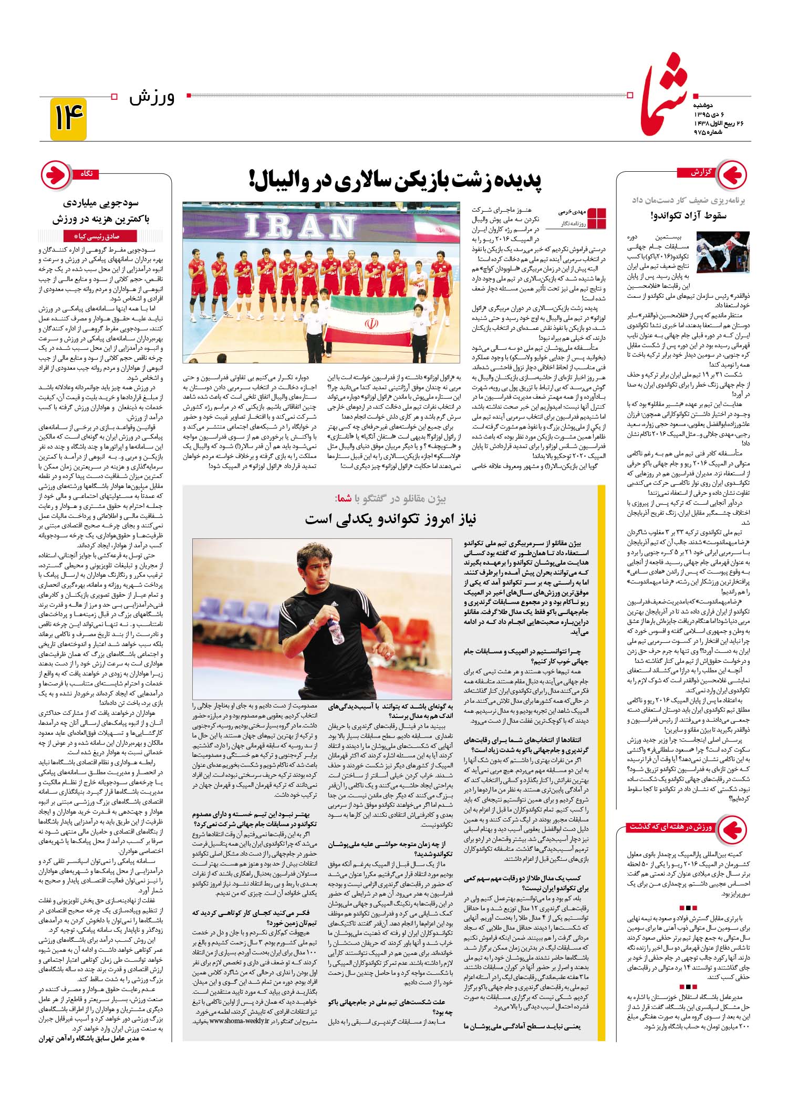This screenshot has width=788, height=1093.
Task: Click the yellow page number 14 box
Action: point(68,119)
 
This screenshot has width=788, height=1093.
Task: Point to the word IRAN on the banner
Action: point(300,226)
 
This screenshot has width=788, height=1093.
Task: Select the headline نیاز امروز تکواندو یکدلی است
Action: point(391,519)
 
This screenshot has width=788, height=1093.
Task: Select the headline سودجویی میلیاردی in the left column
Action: point(100,203)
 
